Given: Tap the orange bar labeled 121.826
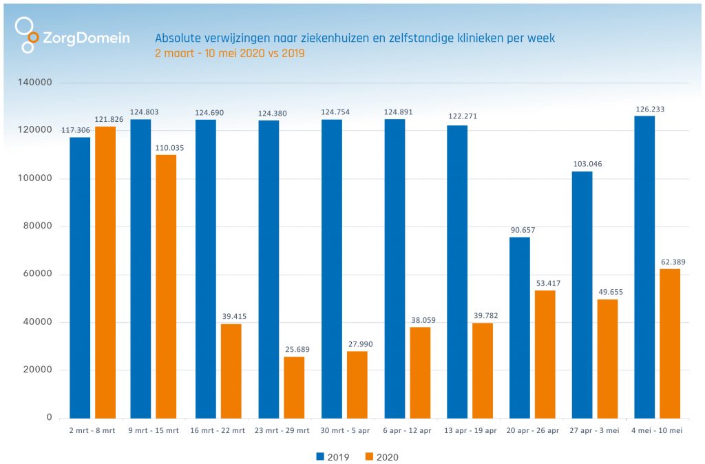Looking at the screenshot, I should [x=105, y=272].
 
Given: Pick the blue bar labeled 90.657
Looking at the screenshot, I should [x=519, y=328].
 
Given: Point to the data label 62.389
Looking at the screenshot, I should [x=670, y=262].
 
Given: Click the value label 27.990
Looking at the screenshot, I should [x=357, y=344].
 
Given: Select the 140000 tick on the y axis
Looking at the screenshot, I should [x=36, y=83].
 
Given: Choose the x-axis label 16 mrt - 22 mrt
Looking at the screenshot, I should [x=219, y=431].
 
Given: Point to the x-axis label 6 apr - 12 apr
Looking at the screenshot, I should [x=408, y=431].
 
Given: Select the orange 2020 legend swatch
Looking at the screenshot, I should [x=369, y=456].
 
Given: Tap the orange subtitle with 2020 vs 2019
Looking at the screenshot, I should [x=230, y=53].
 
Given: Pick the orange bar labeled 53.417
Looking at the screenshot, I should [x=545, y=354].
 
